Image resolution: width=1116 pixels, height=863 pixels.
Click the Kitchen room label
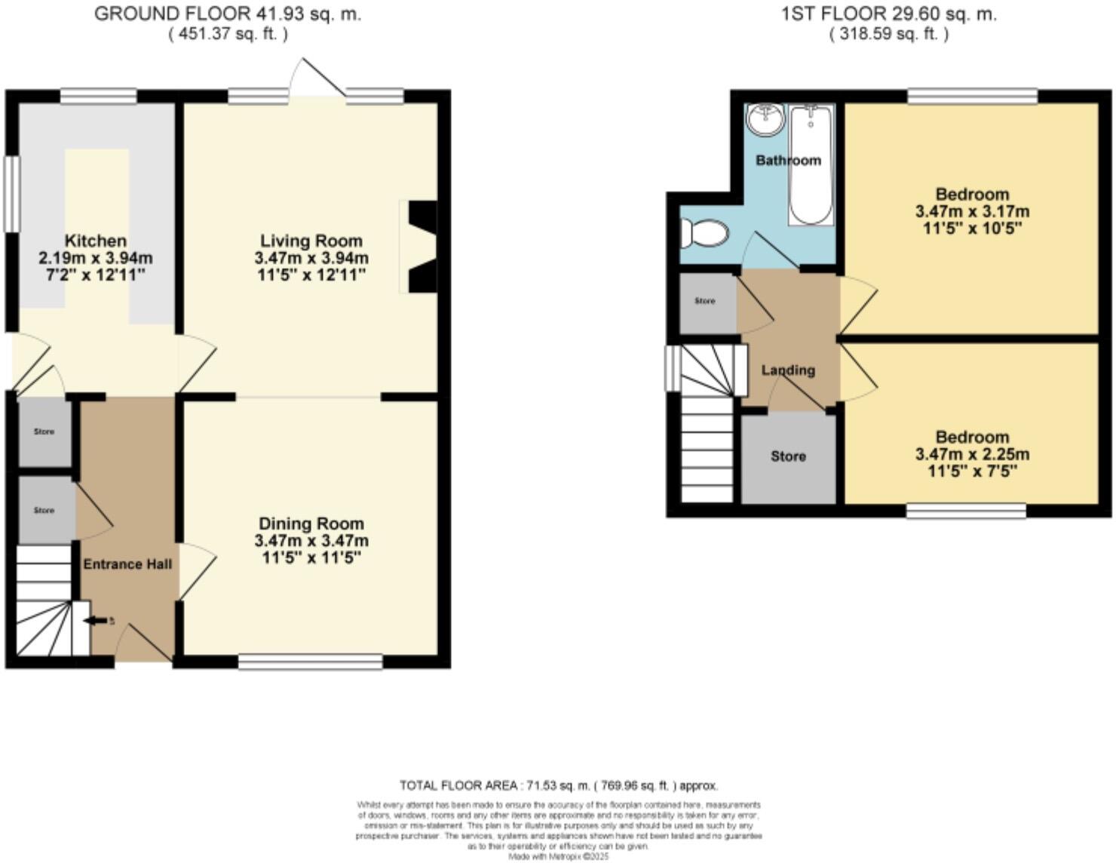point(95,241)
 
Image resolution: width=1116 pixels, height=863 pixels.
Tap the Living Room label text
point(311,241)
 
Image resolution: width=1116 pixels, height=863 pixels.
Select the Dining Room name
point(311,524)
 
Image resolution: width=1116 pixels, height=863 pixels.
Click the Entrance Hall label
point(127,564)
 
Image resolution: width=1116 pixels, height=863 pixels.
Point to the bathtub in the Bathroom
point(811,164)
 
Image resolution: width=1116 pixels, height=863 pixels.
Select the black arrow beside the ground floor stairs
point(97,621)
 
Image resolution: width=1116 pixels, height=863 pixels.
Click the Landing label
point(788,370)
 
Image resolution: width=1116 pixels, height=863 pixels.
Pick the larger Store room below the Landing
point(788,457)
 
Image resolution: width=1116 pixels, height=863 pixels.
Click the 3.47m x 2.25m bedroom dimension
point(972,454)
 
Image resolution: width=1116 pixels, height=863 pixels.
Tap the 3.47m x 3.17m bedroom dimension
point(972,211)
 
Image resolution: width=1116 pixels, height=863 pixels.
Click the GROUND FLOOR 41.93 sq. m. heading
point(228,14)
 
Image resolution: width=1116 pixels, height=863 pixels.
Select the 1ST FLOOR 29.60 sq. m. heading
point(889,14)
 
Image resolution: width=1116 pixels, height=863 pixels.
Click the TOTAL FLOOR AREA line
point(558,785)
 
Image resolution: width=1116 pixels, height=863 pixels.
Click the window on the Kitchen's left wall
point(11,194)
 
